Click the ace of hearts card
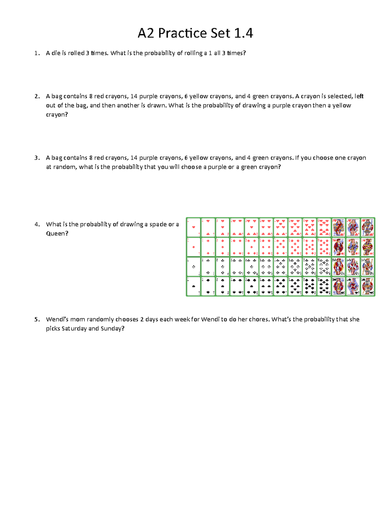coord(194,227)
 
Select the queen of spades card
coord(353,286)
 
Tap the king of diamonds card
coord(368,247)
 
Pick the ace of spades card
coord(194,286)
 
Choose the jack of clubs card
coord(339,267)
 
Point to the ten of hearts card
coord(324,227)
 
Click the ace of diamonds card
coord(194,247)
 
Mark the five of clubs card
coord(251,267)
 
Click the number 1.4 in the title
coord(243,33)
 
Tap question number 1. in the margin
coord(37,53)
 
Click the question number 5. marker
coord(37,319)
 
